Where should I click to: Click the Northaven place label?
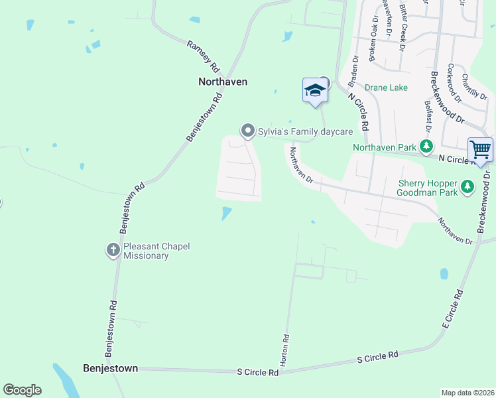coord(223,82)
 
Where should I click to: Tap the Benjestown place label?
coord(110,367)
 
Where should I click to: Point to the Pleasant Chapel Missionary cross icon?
coord(113,250)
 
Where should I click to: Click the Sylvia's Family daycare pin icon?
coord(247,131)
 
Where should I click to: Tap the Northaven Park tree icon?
coord(428,146)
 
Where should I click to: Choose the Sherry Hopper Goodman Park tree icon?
coord(468,187)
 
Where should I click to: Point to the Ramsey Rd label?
coord(202,56)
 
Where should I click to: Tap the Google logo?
coord(23,390)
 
